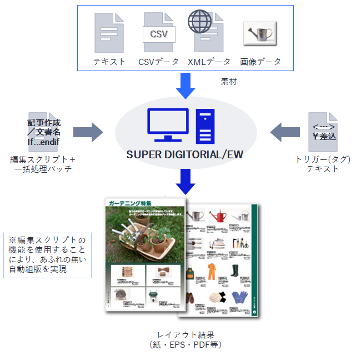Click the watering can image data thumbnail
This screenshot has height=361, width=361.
point(260,33)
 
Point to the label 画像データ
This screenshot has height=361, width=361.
point(260,62)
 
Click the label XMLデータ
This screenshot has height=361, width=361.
point(209,62)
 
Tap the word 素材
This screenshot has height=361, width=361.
point(229,82)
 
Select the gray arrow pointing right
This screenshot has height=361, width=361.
point(89,132)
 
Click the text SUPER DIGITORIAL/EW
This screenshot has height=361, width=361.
point(185,155)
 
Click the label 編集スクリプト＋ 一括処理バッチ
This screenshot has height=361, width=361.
point(43,164)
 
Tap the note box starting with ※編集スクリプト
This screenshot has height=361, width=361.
point(47,255)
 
